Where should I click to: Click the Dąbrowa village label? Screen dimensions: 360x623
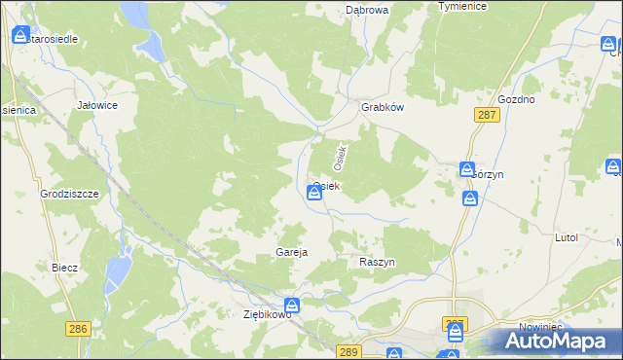(x=367, y=10)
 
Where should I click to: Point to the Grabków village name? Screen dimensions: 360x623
(x=382, y=108)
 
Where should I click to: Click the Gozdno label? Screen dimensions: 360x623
(x=516, y=100)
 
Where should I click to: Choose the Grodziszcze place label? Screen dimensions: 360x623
(x=70, y=194)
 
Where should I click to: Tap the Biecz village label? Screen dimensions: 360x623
(x=65, y=267)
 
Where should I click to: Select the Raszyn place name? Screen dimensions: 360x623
(x=377, y=264)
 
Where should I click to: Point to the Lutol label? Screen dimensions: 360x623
(x=566, y=237)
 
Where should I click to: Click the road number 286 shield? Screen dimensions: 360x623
(x=80, y=330)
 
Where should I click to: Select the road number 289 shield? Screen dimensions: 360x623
(x=349, y=350)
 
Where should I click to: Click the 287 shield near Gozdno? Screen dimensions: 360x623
(x=488, y=115)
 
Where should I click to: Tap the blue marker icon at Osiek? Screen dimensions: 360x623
(x=314, y=194)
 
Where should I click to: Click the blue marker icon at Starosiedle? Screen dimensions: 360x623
(x=20, y=36)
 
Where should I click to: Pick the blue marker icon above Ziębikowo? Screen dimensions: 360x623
(x=291, y=306)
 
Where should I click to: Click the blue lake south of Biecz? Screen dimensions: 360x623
(x=119, y=269)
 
